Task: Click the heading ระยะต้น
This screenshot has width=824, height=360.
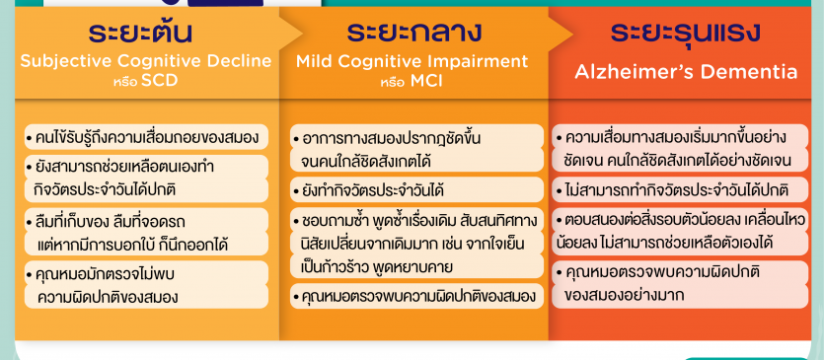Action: click(140, 33)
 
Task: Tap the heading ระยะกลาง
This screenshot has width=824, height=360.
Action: click(413, 33)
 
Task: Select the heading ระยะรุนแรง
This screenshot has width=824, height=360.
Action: click(685, 33)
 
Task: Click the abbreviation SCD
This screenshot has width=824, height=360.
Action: click(160, 82)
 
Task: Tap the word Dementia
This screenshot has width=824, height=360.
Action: click(746, 71)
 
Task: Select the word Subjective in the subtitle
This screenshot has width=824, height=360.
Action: click(66, 61)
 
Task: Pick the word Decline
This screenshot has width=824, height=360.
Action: click(239, 61)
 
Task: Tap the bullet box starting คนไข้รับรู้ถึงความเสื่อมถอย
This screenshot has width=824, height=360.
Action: click(146, 137)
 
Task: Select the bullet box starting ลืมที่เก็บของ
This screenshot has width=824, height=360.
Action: click(146, 232)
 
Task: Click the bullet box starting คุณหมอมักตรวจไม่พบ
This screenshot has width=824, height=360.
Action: click(146, 285)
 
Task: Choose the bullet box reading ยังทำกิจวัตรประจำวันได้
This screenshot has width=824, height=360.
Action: click(416, 189)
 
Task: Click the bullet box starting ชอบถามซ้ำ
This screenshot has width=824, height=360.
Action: click(416, 244)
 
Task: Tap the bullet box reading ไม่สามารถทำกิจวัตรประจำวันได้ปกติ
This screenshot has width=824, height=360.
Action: click(680, 189)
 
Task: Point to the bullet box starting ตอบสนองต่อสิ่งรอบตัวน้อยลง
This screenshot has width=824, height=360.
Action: click(680, 232)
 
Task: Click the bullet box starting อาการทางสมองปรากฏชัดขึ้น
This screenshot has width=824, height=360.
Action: click(416, 148)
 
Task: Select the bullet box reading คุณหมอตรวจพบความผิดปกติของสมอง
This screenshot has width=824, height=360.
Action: click(416, 297)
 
